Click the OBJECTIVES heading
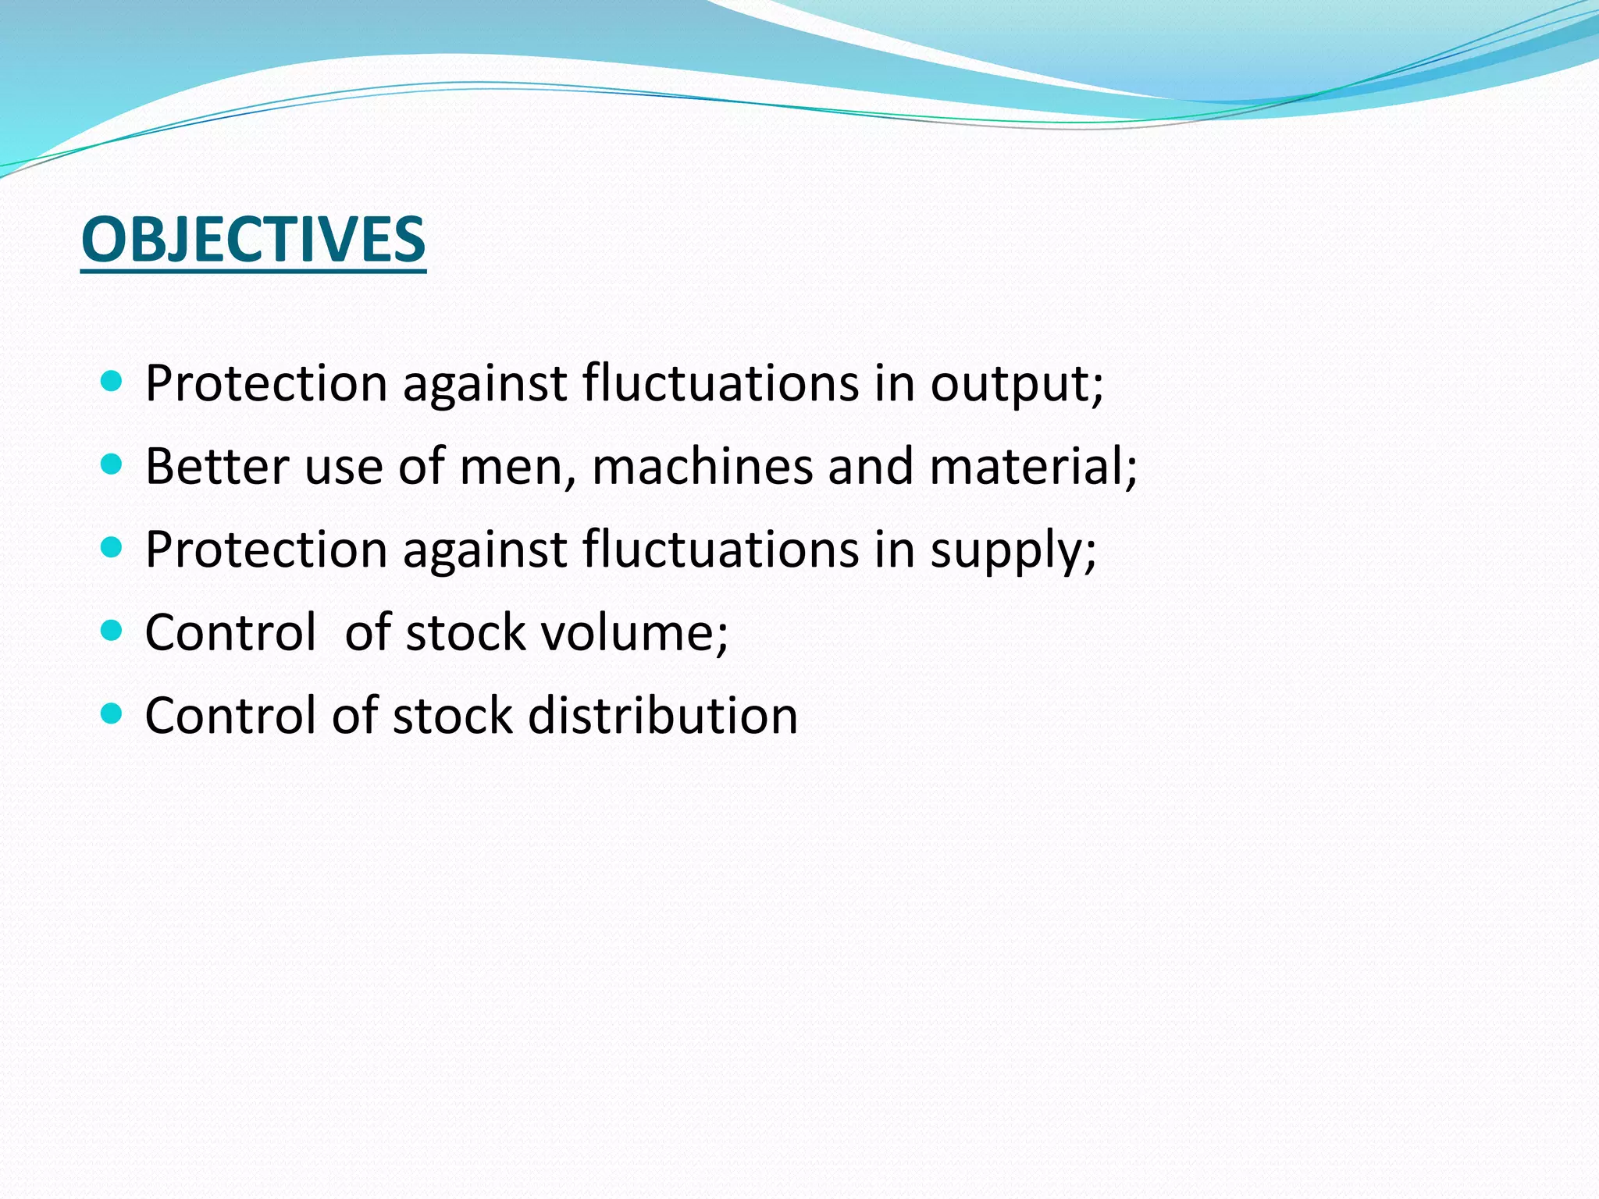click(x=253, y=240)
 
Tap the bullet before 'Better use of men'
click(x=112, y=465)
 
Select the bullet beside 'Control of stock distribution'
click(x=112, y=713)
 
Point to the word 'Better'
click(x=217, y=467)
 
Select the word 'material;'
click(x=1034, y=467)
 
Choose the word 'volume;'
click(x=635, y=632)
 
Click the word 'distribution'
click(x=662, y=716)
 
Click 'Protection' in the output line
click(x=266, y=384)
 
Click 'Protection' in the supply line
click(x=266, y=550)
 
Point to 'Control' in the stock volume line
click(x=231, y=632)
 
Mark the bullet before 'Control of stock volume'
click(x=112, y=631)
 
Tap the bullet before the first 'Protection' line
click(x=112, y=382)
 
